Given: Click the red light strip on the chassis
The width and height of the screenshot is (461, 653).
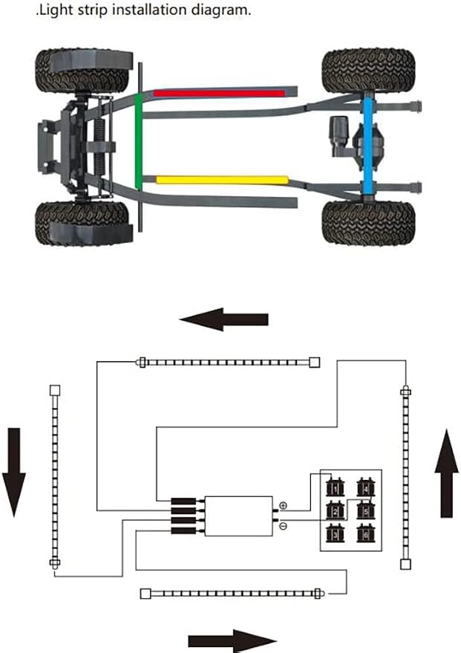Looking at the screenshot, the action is (x=220, y=93).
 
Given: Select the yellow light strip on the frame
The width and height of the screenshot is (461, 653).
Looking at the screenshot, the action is (x=222, y=180).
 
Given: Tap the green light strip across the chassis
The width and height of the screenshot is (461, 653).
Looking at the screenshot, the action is (x=139, y=142).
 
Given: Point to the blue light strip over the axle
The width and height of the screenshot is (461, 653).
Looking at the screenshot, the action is (x=369, y=143).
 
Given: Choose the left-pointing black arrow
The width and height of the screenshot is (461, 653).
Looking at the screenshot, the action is (x=224, y=319).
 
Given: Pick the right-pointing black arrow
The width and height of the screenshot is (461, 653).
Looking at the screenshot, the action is (x=232, y=640).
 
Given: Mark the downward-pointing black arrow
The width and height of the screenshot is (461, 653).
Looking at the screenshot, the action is (x=13, y=472).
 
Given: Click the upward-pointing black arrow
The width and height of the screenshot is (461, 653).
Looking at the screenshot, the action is (x=446, y=473).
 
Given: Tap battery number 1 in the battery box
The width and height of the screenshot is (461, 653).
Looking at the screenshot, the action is (x=335, y=487).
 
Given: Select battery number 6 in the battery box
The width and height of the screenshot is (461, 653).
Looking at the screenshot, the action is (x=366, y=533).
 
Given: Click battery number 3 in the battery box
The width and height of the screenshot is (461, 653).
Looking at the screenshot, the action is (x=335, y=533).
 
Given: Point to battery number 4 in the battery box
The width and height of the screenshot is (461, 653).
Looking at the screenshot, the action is (x=366, y=487).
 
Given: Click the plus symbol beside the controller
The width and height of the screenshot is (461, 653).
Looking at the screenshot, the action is (x=284, y=506).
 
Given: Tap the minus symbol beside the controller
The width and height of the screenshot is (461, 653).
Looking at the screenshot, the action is (x=284, y=527).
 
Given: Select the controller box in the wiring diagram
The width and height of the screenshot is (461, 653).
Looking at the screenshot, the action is (x=239, y=516).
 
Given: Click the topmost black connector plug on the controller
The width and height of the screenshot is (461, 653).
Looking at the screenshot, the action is (x=183, y=501).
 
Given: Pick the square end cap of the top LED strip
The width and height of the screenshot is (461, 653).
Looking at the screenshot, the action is (x=315, y=363).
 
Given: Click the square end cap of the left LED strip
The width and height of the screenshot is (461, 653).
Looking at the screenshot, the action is (x=54, y=390).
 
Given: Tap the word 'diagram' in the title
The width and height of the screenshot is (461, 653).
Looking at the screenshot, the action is (x=221, y=10).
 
